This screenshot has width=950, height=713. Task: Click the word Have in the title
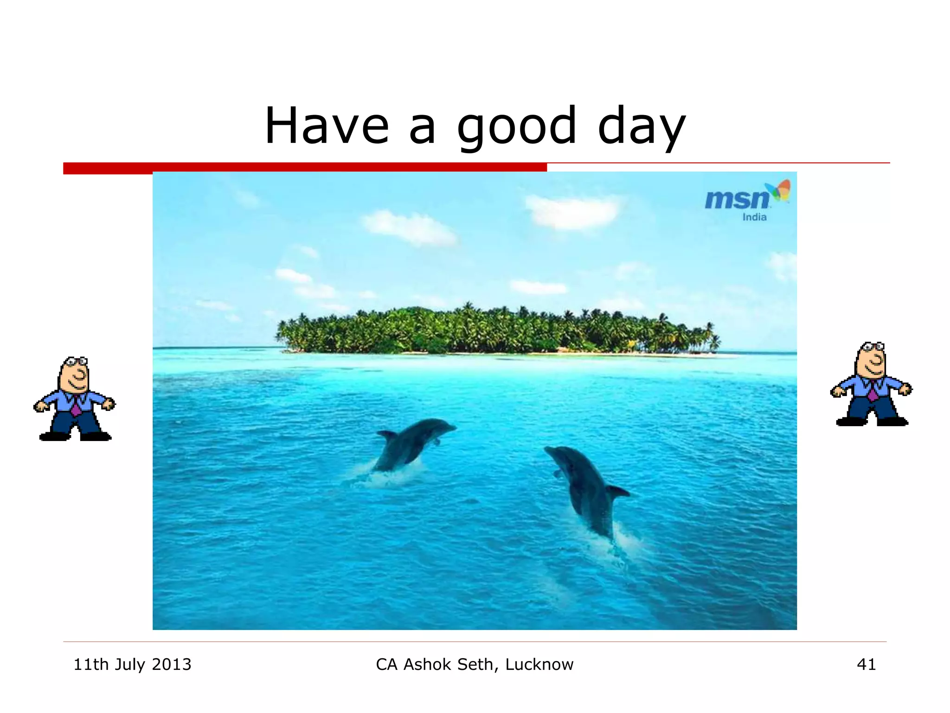click(x=327, y=126)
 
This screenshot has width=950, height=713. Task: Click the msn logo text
click(x=737, y=199)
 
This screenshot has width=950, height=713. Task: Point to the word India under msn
click(x=754, y=217)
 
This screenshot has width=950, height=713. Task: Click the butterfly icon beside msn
click(x=779, y=190)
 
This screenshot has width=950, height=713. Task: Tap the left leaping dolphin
click(x=411, y=443)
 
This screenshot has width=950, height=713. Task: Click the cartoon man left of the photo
click(x=74, y=399)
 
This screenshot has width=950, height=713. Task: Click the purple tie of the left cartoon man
click(x=76, y=406)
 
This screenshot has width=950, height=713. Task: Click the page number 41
click(x=866, y=665)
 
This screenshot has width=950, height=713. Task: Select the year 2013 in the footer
click(x=171, y=665)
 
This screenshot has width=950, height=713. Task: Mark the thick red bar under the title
click(x=305, y=168)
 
